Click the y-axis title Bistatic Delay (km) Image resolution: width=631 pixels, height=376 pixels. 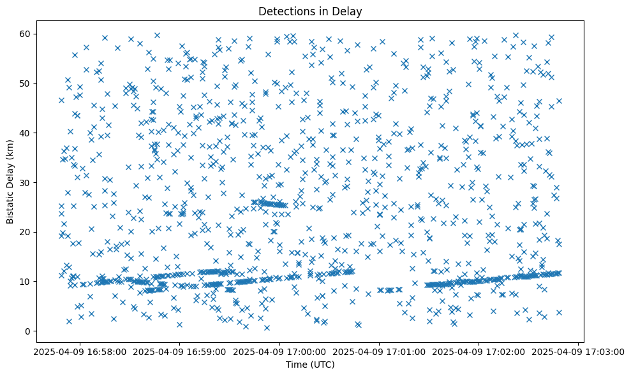pyautogui.click(x=11, y=182)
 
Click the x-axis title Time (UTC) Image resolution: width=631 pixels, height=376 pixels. pyautogui.click(x=311, y=365)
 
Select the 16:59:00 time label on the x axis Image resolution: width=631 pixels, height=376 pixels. pyautogui.click(x=180, y=351)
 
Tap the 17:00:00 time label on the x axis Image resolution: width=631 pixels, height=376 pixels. pyautogui.click(x=279, y=351)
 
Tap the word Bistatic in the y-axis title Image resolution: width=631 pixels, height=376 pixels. pyautogui.click(x=11, y=203)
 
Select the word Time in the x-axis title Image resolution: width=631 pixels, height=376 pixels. pyautogui.click(x=297, y=365)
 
